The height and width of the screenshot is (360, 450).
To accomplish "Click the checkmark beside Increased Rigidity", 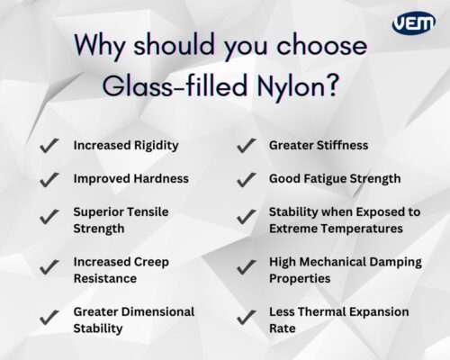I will coord(49,145).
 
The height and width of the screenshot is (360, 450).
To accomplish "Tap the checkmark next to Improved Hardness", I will coord(49,178).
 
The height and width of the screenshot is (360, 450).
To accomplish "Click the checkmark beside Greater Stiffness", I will coord(245,145).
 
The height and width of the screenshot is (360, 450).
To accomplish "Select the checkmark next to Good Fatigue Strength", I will coord(245,178).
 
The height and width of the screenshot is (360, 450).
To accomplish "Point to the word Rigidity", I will coord(154,145).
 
